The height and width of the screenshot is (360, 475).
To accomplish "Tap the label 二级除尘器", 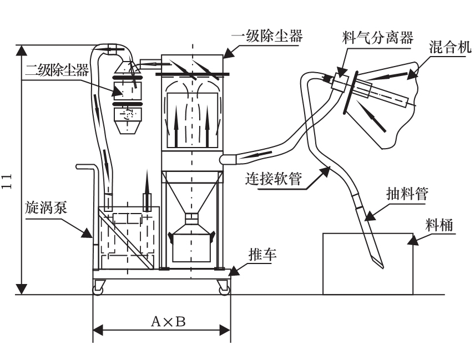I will (x=57, y=70).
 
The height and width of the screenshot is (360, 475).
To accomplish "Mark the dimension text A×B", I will (x=161, y=322).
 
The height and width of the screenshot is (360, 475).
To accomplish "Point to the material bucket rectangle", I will (x=367, y=264).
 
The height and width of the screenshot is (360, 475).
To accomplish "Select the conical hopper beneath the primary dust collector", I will (x=192, y=192).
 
